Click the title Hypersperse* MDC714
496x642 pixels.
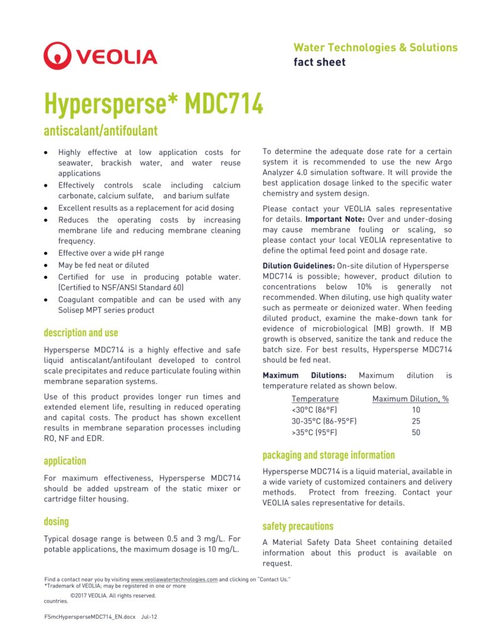[153, 103]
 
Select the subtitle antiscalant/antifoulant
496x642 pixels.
[100, 131]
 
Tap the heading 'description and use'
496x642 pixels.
[81, 332]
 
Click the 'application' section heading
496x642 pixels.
[65, 461]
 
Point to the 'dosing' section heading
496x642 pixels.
[56, 522]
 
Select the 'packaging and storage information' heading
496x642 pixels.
[329, 455]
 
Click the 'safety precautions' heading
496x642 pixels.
[298, 526]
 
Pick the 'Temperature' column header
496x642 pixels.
[315, 399]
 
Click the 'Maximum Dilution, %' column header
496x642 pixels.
[411, 399]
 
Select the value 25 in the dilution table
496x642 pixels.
[416, 421]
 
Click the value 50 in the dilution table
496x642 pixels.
[416, 433]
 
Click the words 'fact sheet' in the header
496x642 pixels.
[319, 62]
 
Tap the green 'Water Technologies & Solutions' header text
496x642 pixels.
[375, 48]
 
